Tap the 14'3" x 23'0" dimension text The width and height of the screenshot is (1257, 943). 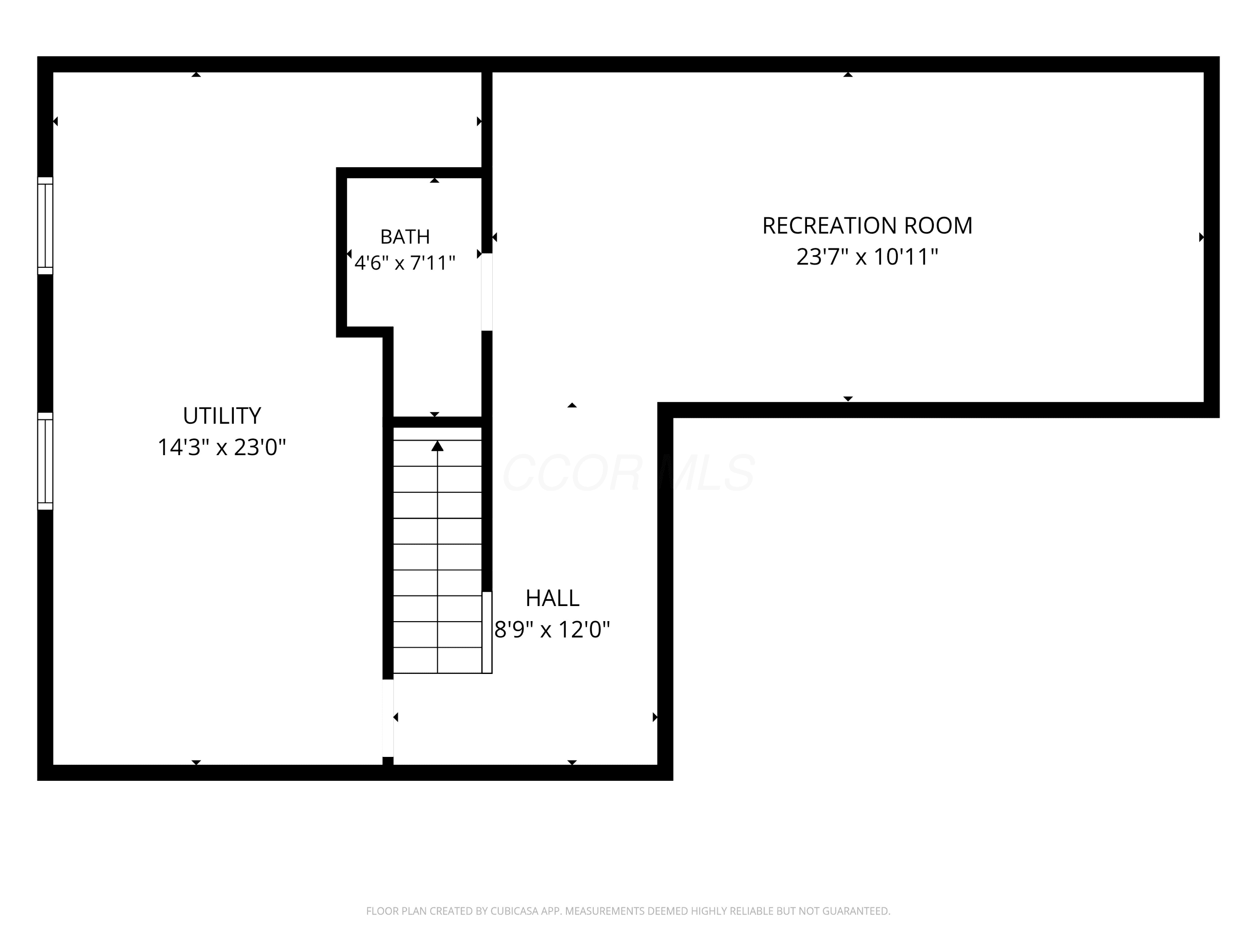222,447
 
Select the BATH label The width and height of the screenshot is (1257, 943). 405,236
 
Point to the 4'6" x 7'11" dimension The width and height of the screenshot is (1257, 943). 405,263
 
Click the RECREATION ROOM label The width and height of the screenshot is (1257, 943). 867,225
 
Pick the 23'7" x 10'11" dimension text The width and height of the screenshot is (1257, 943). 867,256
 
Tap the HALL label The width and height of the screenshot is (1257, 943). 552,598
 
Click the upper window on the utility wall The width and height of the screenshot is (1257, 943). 45,225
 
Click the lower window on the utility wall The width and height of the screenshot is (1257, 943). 45,461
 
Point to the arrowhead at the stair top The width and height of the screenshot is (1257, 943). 437,446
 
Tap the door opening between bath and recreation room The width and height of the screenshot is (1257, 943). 487,292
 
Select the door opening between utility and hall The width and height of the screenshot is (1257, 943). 388,718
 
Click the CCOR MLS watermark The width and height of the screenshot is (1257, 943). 628,472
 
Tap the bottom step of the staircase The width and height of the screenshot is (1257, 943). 437,661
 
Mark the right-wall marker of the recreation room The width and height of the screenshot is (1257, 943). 1201,237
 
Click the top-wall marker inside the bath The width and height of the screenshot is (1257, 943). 435,180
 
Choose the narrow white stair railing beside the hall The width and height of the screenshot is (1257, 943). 487,632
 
